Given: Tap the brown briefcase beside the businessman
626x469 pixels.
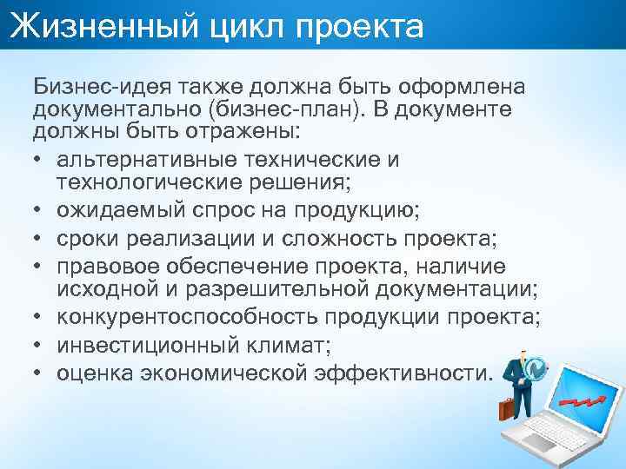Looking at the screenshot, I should pyautogui.click(x=507, y=407).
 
